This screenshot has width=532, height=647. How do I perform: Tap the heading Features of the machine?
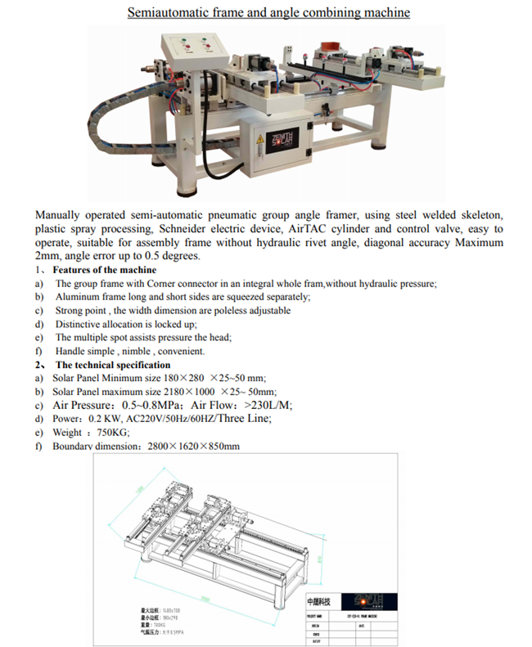[x=104, y=270]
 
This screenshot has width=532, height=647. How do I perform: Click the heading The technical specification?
[x=113, y=365]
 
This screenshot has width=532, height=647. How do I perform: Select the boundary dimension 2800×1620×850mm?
[x=193, y=446]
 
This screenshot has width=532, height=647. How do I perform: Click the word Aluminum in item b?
[x=75, y=297]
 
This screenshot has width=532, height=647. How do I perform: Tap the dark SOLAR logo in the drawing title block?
[x=362, y=598]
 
